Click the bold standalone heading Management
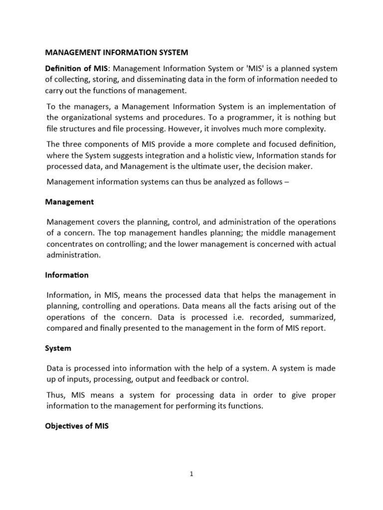(69, 202)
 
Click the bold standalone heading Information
(67, 275)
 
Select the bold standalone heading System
(58, 348)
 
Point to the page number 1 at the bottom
(191, 474)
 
